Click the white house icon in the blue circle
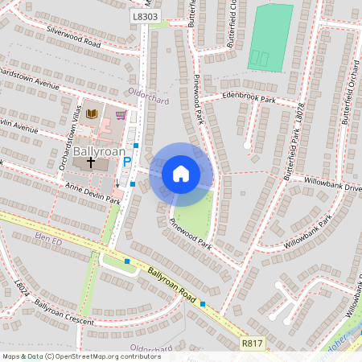tap(181, 174)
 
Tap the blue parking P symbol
tap(126, 162)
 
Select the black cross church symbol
tap(91, 162)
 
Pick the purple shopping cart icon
tap(121, 115)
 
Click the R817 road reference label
tap(252, 343)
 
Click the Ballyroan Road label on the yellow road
tap(171, 285)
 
